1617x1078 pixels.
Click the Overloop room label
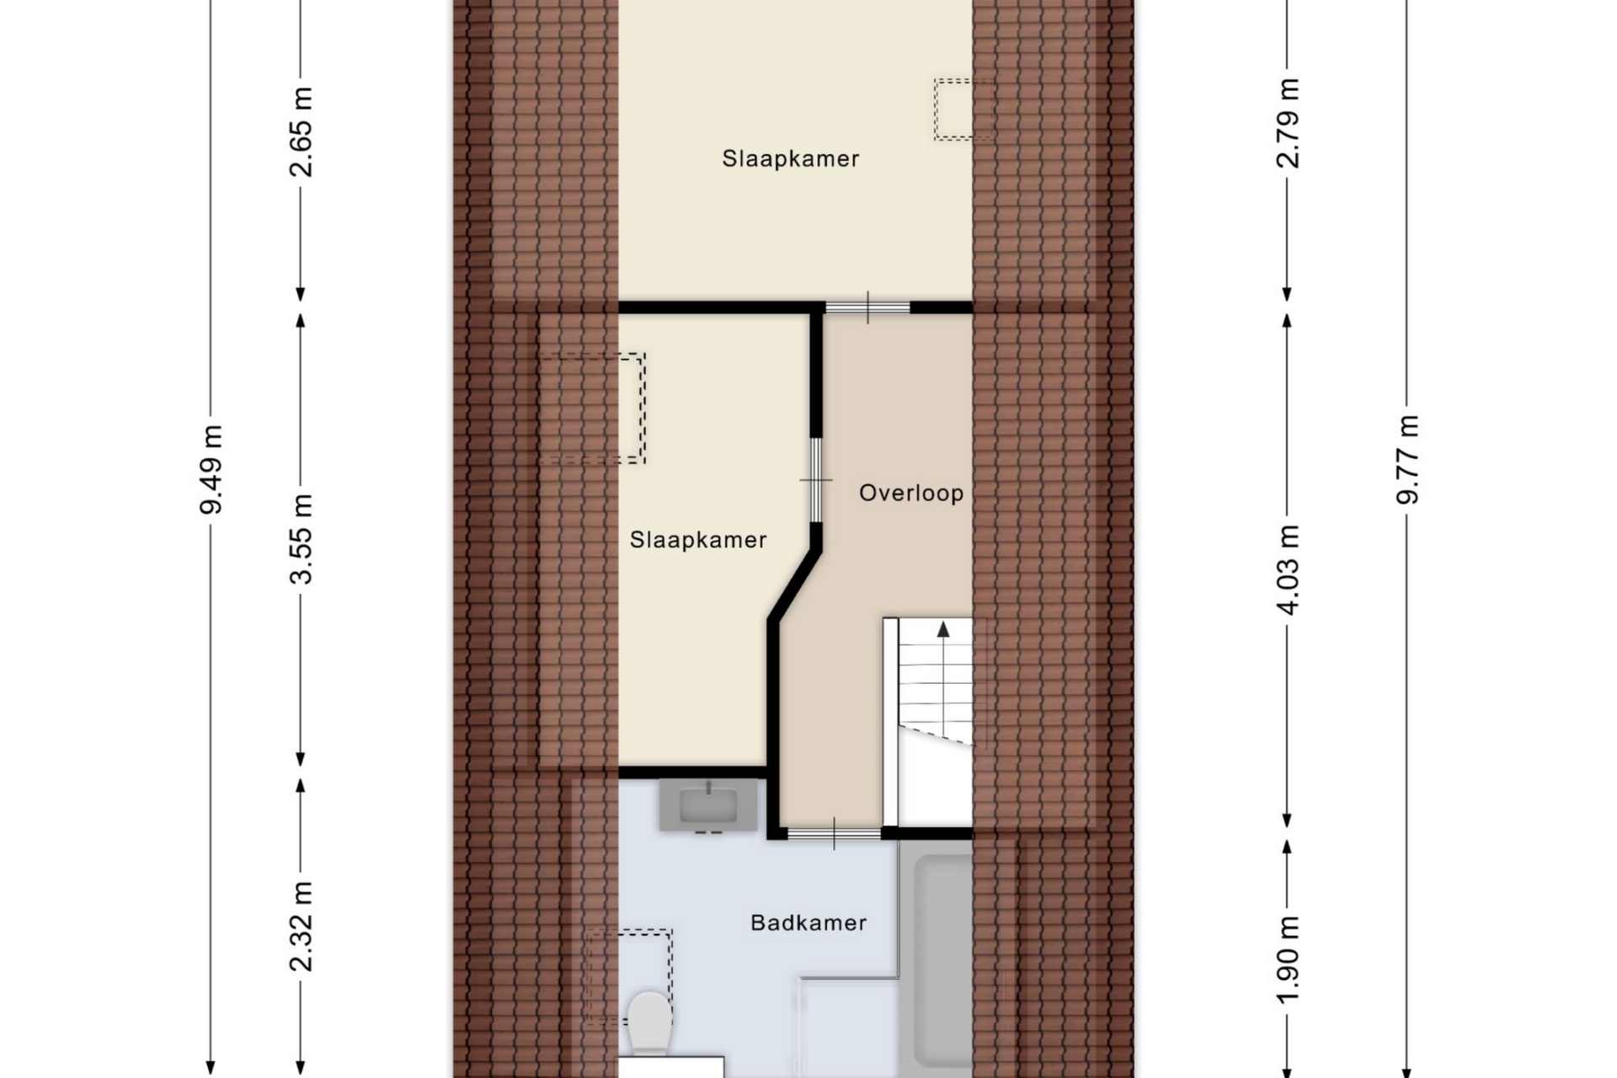tap(911, 493)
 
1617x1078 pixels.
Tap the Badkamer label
tap(808, 923)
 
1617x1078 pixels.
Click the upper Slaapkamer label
tap(791, 158)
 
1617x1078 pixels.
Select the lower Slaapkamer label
tap(698, 540)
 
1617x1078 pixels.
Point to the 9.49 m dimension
tap(211, 469)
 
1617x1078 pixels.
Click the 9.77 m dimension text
tap(1407, 460)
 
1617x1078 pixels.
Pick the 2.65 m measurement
tap(301, 131)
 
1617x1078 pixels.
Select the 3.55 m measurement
tap(301, 539)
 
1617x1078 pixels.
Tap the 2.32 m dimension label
tap(301, 926)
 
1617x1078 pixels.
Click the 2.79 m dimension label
tap(1288, 123)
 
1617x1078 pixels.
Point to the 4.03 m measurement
tap(1288, 569)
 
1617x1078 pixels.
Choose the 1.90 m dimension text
tap(1288, 960)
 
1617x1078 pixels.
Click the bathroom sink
tap(708, 805)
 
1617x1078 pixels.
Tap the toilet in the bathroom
tap(649, 1022)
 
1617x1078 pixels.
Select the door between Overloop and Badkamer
tap(835, 834)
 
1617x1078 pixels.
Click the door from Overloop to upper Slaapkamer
tap(867, 307)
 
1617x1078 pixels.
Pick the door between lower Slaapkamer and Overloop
tap(815, 480)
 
